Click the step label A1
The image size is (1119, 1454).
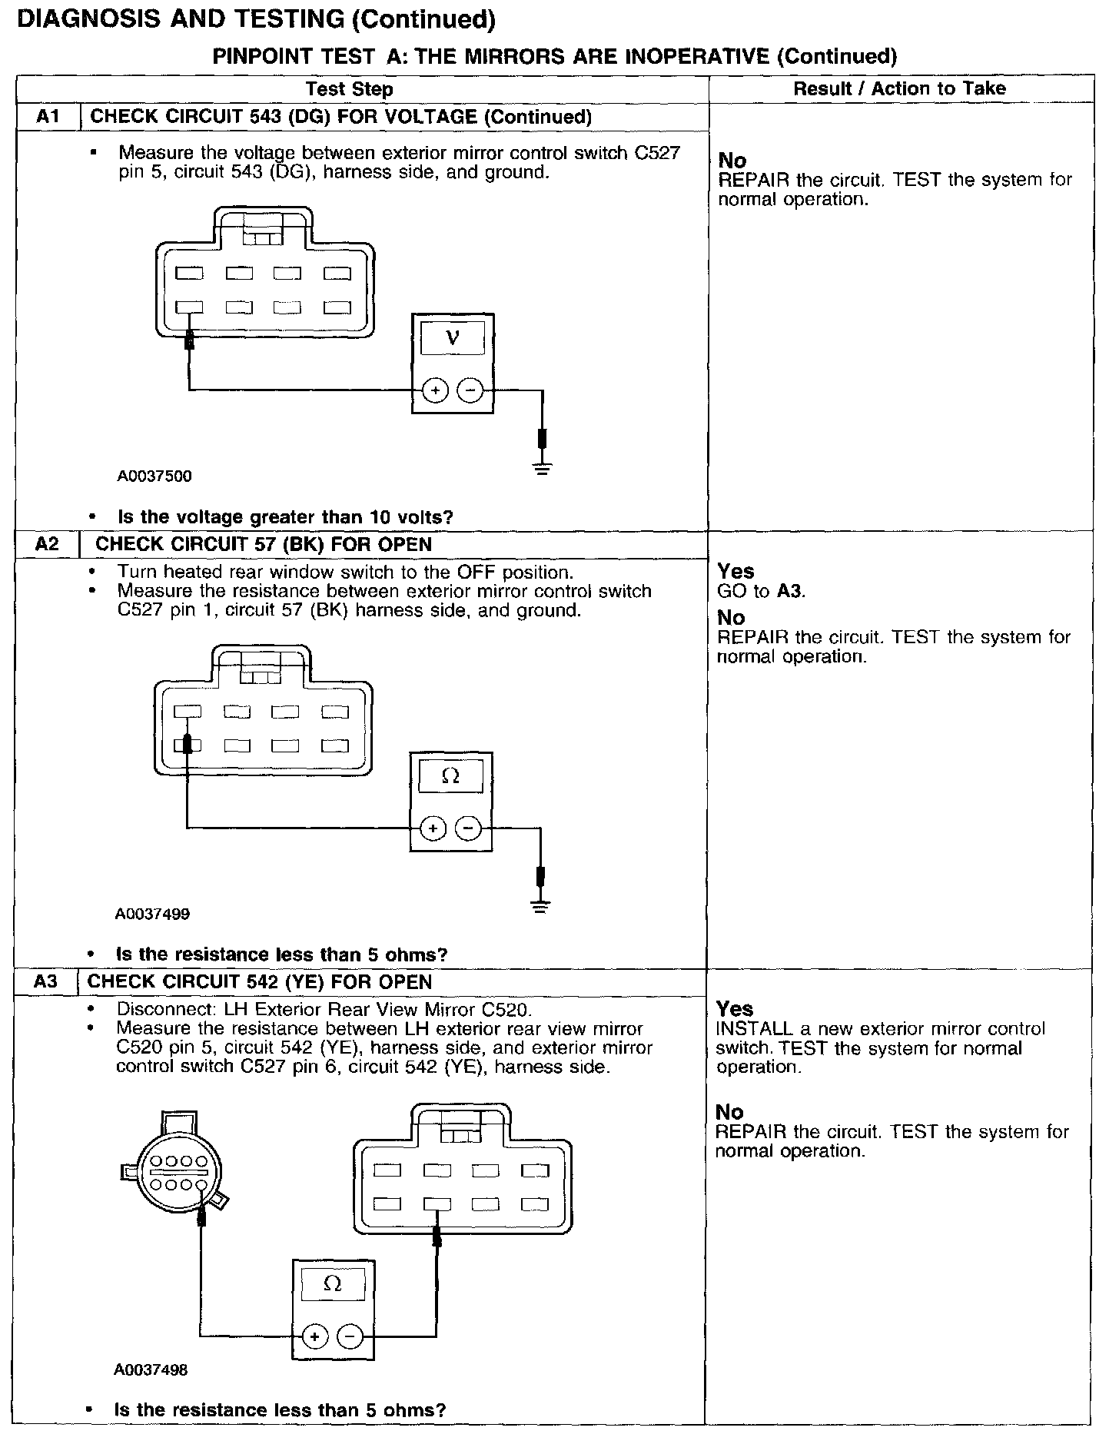click(x=48, y=117)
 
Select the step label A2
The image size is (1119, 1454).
click(x=47, y=544)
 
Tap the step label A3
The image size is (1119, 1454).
click(x=46, y=981)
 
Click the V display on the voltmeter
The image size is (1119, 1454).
click(x=453, y=338)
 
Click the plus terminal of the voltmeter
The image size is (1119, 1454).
click(x=435, y=391)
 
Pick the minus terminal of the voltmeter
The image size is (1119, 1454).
click(x=470, y=391)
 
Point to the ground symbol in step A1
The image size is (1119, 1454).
click(x=543, y=468)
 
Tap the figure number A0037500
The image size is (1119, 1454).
click(x=154, y=476)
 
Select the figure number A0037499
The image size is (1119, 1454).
click(x=152, y=915)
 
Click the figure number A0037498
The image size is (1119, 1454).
click(x=151, y=1369)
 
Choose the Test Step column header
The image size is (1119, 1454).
click(x=350, y=89)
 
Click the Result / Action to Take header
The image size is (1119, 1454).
click(x=899, y=88)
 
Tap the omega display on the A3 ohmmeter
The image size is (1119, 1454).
click(x=333, y=1284)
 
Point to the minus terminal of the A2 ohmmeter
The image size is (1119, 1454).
click(x=468, y=828)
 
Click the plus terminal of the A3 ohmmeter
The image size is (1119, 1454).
click(x=314, y=1337)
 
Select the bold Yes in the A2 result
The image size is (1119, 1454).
click(x=735, y=571)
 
